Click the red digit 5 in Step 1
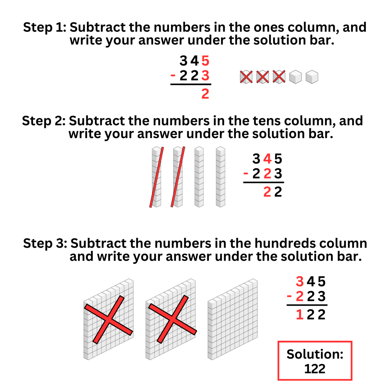click(205, 61)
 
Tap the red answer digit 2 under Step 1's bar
click(205, 93)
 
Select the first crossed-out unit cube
click(246, 77)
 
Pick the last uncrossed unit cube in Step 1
click(312, 77)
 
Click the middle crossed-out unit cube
click(262, 77)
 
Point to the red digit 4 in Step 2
click(267, 158)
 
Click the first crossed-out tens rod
click(157, 177)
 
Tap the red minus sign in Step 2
click(246, 174)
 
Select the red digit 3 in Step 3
click(300, 282)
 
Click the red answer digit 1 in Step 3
click(300, 315)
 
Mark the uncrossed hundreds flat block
click(232, 319)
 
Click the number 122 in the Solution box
click(315, 368)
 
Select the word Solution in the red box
click(315, 354)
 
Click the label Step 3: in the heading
click(45, 243)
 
